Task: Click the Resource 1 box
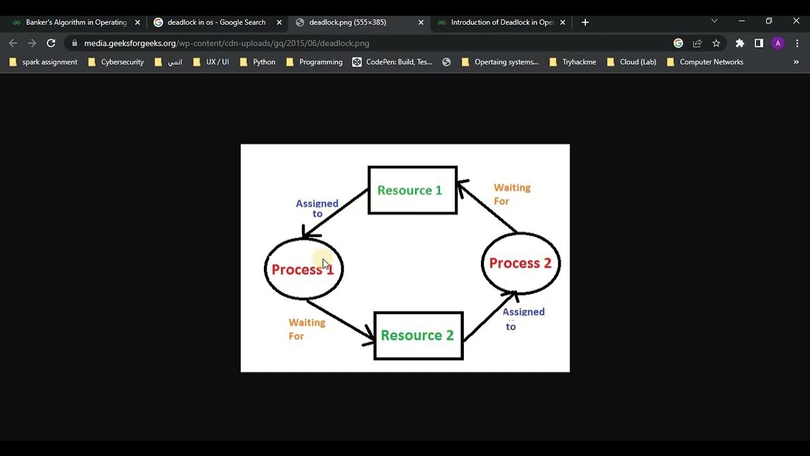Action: (x=413, y=190)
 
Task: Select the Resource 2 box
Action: (x=418, y=336)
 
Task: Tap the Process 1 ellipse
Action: (x=304, y=269)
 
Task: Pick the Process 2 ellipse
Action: (x=521, y=263)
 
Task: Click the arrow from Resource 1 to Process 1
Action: (x=336, y=213)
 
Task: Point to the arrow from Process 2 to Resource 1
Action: (x=487, y=207)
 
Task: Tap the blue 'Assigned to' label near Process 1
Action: (x=317, y=208)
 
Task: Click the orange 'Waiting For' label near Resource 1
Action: (x=511, y=194)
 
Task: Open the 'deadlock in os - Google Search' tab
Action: (x=216, y=22)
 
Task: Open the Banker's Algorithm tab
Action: (x=76, y=22)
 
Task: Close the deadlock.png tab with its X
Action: (x=421, y=22)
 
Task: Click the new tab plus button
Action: (x=585, y=22)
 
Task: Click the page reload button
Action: (x=51, y=43)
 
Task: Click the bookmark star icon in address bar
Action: (x=716, y=43)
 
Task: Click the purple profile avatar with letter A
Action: (x=778, y=43)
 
